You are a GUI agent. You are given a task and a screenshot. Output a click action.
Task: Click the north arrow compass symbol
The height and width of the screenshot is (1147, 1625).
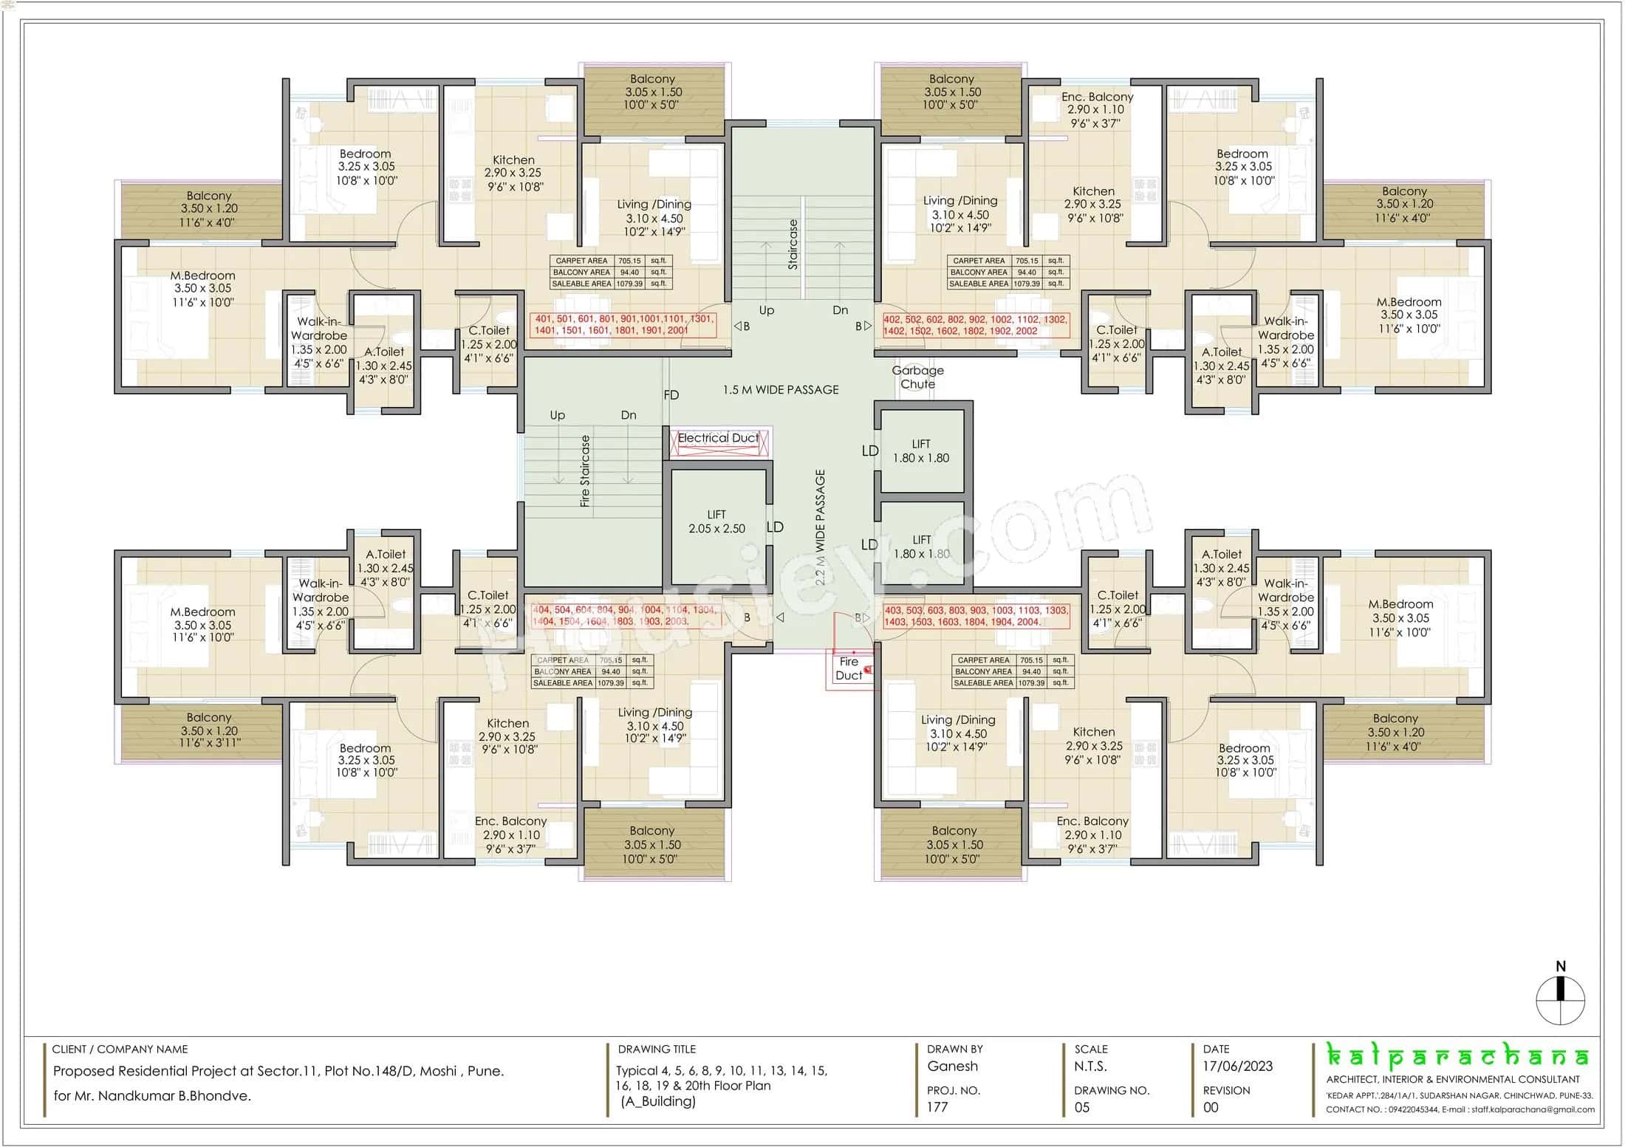coord(1560,999)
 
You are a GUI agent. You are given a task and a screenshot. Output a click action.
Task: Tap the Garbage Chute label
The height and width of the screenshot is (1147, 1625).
coord(917,377)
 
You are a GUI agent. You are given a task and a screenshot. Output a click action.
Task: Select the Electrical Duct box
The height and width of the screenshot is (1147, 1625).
coord(719,442)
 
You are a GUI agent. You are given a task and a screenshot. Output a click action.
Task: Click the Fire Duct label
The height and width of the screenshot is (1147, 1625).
coord(849,668)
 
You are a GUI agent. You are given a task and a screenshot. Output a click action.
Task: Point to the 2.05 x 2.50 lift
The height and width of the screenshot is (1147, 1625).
coord(716,522)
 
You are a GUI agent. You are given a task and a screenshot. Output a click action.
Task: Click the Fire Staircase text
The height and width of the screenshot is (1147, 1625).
coord(585,470)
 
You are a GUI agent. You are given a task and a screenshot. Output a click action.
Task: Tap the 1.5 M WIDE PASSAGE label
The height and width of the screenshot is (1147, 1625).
coord(781,390)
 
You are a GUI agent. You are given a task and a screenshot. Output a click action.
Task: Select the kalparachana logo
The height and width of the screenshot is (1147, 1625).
coord(1458,1056)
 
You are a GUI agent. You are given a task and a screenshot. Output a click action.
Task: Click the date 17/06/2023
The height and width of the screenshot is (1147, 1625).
coord(1238,1066)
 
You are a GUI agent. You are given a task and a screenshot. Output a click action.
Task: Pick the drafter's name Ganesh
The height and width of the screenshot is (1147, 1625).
coord(952,1066)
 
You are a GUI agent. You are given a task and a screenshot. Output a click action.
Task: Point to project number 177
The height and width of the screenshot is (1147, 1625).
coord(937,1106)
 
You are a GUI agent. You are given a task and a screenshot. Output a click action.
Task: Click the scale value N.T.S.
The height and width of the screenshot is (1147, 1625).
coord(1090,1066)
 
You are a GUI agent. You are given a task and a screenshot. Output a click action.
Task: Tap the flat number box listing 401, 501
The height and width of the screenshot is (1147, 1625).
coord(623,325)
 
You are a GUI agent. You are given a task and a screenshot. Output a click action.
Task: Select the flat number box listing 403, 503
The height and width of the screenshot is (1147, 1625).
coord(976,616)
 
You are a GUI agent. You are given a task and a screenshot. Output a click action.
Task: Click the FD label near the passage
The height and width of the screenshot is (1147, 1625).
coord(671,395)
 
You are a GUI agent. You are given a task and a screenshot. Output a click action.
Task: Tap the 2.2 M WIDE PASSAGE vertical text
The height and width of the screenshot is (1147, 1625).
coord(820,527)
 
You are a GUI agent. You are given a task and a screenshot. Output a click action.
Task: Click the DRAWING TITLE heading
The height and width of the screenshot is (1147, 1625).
coord(657,1049)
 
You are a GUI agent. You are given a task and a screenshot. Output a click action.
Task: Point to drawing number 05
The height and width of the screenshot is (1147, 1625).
coord(1082,1107)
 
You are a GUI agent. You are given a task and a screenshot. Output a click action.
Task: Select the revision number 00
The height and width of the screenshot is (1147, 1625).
coord(1211,1107)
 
